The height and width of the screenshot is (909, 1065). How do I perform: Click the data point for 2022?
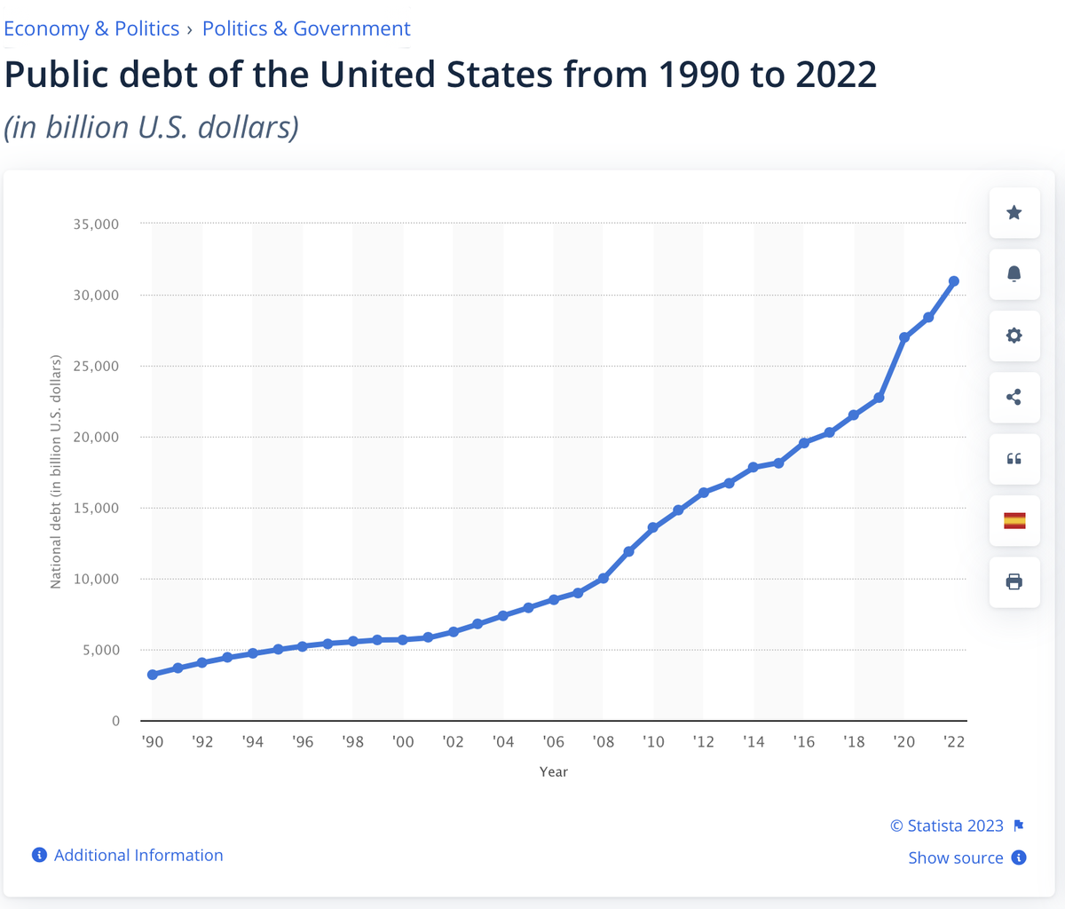coord(954,281)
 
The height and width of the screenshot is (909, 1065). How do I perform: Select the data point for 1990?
coord(153,675)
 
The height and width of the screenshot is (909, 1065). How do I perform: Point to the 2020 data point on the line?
coord(904,337)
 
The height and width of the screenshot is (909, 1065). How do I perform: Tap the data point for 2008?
coord(603,578)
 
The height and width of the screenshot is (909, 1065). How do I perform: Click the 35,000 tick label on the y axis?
coord(96,225)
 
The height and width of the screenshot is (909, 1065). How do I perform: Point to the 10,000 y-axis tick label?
coord(96,579)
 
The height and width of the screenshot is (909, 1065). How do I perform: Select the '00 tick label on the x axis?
coord(403,741)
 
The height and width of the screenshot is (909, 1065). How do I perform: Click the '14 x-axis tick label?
coord(753,741)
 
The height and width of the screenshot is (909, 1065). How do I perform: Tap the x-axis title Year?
coord(554,771)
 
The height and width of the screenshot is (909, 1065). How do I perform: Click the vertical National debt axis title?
coord(55,471)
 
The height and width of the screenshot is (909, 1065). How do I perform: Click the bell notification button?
coord(1014,274)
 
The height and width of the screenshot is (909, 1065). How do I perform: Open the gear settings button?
coord(1014,336)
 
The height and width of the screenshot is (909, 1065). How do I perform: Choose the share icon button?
coord(1014,398)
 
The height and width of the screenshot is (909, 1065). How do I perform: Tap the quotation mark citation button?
coord(1014,459)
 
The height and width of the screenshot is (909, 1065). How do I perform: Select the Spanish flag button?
coord(1014,520)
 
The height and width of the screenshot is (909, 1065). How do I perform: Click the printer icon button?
coord(1014,581)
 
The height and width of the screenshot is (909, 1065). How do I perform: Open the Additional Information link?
coord(128,855)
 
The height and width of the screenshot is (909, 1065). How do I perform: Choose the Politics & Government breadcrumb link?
coord(306,28)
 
